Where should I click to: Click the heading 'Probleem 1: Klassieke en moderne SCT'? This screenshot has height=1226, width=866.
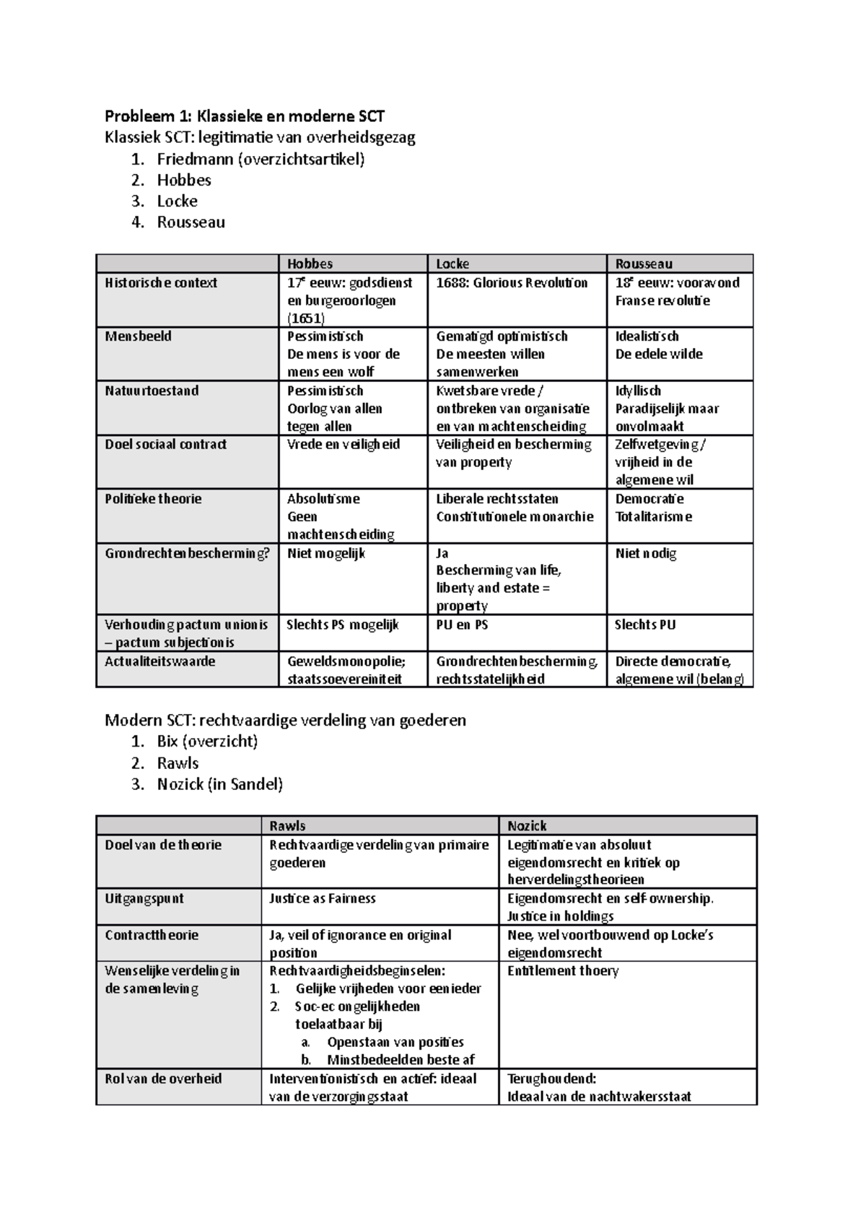(245, 116)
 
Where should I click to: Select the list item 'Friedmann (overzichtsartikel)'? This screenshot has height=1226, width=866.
(261, 159)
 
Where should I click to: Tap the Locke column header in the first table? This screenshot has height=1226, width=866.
(452, 264)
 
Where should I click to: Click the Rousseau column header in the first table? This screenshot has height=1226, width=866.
(644, 264)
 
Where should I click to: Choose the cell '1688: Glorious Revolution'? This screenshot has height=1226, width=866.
(511, 283)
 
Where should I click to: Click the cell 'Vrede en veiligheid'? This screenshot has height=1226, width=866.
(343, 445)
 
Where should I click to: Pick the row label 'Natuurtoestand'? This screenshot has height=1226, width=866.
(152, 391)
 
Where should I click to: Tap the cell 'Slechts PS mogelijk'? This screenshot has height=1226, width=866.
(343, 625)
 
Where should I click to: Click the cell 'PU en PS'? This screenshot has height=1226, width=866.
(462, 625)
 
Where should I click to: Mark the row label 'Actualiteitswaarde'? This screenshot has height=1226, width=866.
(159, 661)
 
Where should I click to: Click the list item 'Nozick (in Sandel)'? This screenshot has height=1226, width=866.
(219, 784)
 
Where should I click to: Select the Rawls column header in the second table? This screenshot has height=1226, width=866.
(287, 826)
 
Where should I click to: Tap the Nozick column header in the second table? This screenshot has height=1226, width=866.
(527, 826)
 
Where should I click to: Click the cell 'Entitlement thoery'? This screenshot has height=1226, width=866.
(563, 971)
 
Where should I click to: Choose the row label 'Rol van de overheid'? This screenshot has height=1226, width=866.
(163, 1079)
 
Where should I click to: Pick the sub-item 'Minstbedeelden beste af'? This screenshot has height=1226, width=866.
(401, 1060)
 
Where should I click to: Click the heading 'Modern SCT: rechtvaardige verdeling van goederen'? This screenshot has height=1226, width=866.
(285, 721)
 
